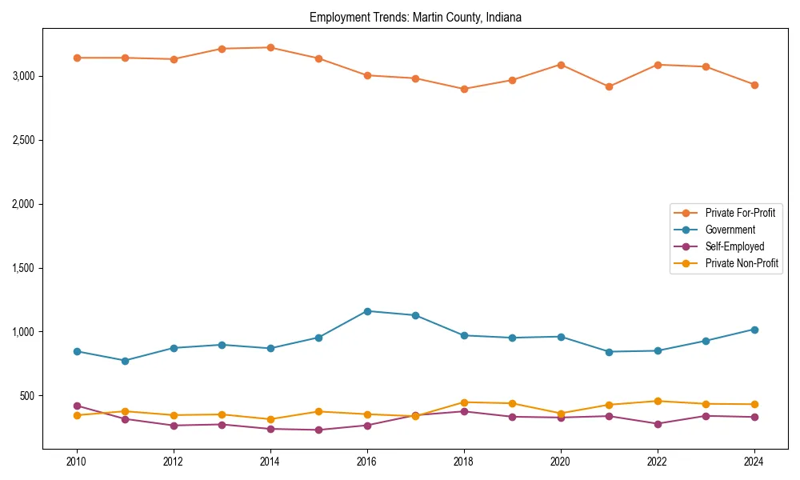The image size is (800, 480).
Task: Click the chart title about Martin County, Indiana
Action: pyautogui.click(x=415, y=18)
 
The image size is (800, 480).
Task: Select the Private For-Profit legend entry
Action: pyautogui.click(x=734, y=213)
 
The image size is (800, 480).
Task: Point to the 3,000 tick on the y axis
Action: pyautogui.click(x=23, y=76)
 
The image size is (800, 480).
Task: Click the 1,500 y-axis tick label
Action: pyautogui.click(x=23, y=268)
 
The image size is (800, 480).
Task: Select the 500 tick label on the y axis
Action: pyautogui.click(x=28, y=396)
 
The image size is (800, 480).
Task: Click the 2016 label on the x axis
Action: pyautogui.click(x=367, y=462)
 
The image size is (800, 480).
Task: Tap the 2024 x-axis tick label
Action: pyautogui.click(x=754, y=462)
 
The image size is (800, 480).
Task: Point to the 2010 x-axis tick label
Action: pyautogui.click(x=77, y=462)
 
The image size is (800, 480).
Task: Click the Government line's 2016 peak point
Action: pyautogui.click(x=367, y=311)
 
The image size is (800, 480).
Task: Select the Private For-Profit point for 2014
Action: pyautogui.click(x=270, y=47)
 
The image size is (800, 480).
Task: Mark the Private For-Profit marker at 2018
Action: pyautogui.click(x=464, y=89)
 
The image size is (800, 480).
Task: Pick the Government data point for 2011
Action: pyautogui.click(x=125, y=361)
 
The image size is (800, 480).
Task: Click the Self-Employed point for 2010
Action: pyautogui.click(x=77, y=406)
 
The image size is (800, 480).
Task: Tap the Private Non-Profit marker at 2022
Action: pyautogui.click(x=658, y=401)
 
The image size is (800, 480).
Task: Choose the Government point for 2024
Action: pyautogui.click(x=754, y=330)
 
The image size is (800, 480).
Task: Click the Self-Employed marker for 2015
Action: pyautogui.click(x=318, y=430)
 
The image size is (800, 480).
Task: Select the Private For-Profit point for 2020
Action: pyautogui.click(x=561, y=65)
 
